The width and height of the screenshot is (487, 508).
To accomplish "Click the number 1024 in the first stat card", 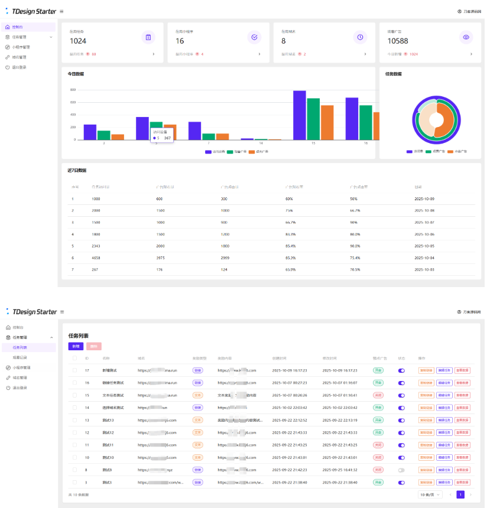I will coord(78,41).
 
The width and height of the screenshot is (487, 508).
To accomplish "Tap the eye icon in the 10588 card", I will coord(466,37).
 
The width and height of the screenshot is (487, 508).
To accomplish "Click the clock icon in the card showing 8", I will coord(360,37).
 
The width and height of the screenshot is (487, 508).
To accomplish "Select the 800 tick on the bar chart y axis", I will coord(73,90).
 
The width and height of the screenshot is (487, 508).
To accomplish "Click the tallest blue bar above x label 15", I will coord(300,115).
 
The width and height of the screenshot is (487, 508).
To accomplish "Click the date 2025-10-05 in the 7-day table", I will coord(424,246).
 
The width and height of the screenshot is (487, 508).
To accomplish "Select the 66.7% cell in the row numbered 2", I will coord(355,210).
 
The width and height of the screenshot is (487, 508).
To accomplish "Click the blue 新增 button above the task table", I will coord(76,346).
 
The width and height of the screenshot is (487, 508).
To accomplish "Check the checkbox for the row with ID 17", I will coord(74,370).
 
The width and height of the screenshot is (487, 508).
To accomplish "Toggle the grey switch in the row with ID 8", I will coord(401,470).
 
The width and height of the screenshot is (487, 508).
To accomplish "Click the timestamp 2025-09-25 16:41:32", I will coord(339,470).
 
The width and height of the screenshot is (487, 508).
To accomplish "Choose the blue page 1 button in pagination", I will coord(460,494).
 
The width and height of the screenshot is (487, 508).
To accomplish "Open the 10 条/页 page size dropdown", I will coord(430,494).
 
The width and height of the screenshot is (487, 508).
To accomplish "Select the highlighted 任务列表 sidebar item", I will coord(20,347).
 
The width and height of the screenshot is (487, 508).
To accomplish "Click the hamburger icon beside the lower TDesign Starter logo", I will coord(62,312).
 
